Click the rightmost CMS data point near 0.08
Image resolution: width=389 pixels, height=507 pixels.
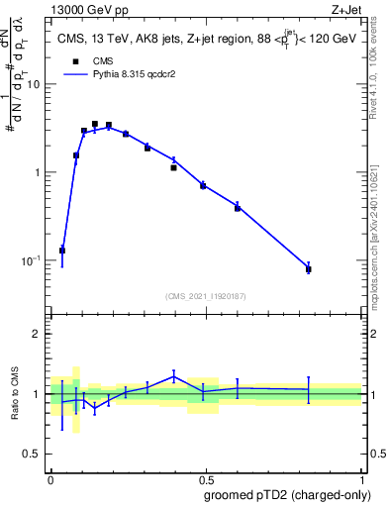pos(309,268)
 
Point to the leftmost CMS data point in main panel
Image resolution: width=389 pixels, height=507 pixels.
pos(62,251)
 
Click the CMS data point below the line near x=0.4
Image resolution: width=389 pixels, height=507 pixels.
pos(173,168)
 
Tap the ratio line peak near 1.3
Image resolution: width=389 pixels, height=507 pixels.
pos(173,375)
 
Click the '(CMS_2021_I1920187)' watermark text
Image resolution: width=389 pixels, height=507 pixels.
pos(206,295)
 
